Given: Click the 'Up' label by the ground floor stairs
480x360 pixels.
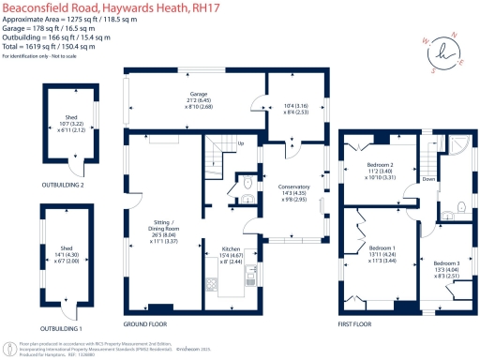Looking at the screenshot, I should click(241, 143).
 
